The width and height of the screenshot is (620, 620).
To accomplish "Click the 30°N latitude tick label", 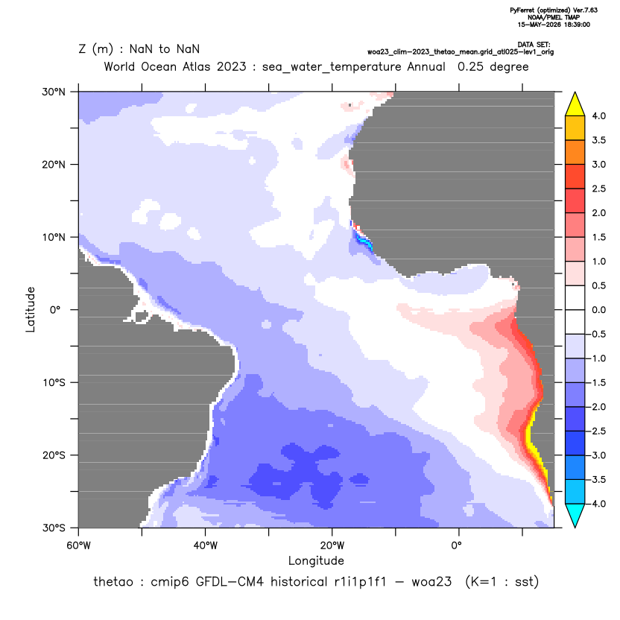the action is [54, 92].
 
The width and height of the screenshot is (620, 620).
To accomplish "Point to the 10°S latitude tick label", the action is [54, 383].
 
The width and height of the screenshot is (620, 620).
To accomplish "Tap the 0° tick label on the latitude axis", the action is [55, 310].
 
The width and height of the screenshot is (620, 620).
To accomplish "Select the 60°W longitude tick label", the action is [78, 545].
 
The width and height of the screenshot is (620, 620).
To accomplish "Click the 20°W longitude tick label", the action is [332, 545].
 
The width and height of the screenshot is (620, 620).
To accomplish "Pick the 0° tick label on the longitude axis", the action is [456, 545].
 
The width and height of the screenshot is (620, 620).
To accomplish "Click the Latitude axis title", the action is [31, 309].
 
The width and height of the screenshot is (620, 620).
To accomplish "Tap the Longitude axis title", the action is [316, 560].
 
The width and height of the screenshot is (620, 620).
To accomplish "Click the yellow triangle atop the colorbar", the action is [575, 105].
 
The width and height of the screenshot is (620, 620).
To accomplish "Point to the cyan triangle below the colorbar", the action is [575, 515].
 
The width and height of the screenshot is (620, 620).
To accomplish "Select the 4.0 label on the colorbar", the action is [598, 116].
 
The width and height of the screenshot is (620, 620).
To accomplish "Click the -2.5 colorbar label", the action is [597, 431].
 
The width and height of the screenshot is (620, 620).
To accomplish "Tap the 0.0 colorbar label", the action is [598, 310].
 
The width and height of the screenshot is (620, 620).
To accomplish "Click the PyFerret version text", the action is [554, 10].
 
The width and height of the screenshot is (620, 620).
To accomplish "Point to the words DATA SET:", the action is [534, 45].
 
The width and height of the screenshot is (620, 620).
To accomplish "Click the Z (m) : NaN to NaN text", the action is [139, 49].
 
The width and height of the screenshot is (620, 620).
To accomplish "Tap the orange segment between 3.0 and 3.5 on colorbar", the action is [575, 152].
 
